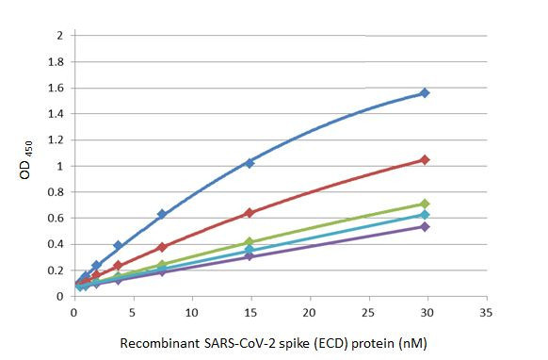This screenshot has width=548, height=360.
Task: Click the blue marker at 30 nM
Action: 425,92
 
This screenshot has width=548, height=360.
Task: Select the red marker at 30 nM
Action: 425,160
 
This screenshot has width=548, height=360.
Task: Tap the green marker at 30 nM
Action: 425,204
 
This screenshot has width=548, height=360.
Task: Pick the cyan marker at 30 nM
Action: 425,215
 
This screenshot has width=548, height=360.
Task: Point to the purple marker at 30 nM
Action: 425,226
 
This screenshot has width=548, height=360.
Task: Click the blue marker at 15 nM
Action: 250,163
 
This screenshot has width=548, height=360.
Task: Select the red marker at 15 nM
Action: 250,213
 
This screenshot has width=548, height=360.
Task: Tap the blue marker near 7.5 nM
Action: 162,214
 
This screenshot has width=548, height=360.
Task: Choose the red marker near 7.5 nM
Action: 162,247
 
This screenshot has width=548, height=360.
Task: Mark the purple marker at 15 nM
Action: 250,255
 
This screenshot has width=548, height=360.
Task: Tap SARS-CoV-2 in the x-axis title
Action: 239,344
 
